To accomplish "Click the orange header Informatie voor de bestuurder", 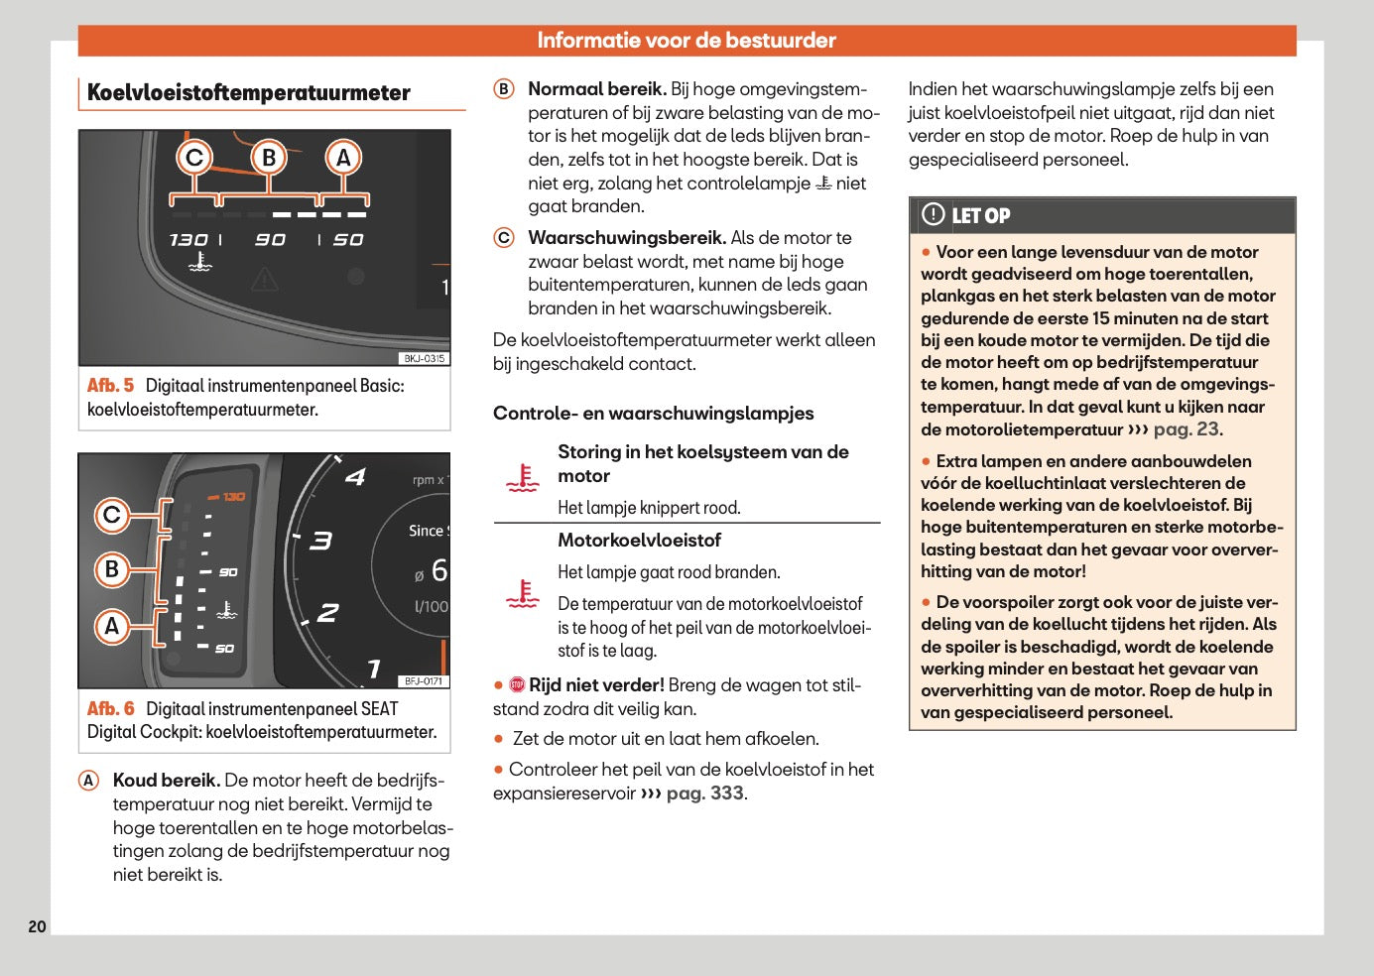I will (686, 41).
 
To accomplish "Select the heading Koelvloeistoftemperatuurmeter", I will (248, 93).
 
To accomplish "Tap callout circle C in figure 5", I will (194, 158).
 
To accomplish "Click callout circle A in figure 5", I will (343, 158).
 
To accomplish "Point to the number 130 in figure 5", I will (187, 240).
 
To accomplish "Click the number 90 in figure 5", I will (270, 240).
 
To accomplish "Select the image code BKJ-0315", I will (425, 359).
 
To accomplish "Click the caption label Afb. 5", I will (110, 386).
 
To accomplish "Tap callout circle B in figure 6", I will (112, 569).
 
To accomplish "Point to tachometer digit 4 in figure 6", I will (355, 477).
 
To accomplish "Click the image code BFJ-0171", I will (425, 681).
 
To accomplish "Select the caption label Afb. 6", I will (110, 709).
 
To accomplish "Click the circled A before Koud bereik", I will (89, 781).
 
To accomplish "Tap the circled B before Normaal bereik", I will (504, 89).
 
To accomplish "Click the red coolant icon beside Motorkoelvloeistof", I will (522, 594).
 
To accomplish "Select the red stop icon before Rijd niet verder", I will (517, 685).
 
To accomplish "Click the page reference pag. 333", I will (704, 793).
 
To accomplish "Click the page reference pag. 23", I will (1187, 429).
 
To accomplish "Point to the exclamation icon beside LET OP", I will (933, 214).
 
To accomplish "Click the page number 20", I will (37, 926).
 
